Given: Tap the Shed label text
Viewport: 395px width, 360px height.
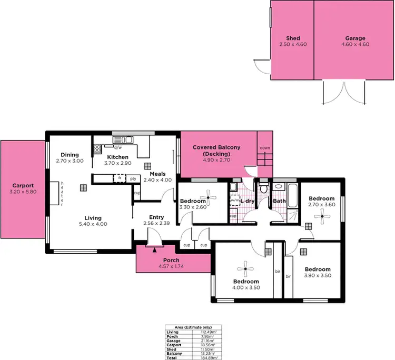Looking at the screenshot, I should (x=293, y=38).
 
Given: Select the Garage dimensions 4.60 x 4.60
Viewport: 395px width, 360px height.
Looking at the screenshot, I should (x=355, y=45).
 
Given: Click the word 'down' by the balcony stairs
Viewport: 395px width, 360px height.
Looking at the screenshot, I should (x=265, y=148).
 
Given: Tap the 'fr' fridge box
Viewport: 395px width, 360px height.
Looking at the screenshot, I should (x=120, y=178).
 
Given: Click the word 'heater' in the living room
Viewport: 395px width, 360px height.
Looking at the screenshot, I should (x=62, y=193).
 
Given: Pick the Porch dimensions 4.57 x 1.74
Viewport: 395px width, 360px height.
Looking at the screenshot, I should (x=171, y=267).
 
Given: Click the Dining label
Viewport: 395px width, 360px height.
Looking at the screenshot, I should (x=70, y=155).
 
